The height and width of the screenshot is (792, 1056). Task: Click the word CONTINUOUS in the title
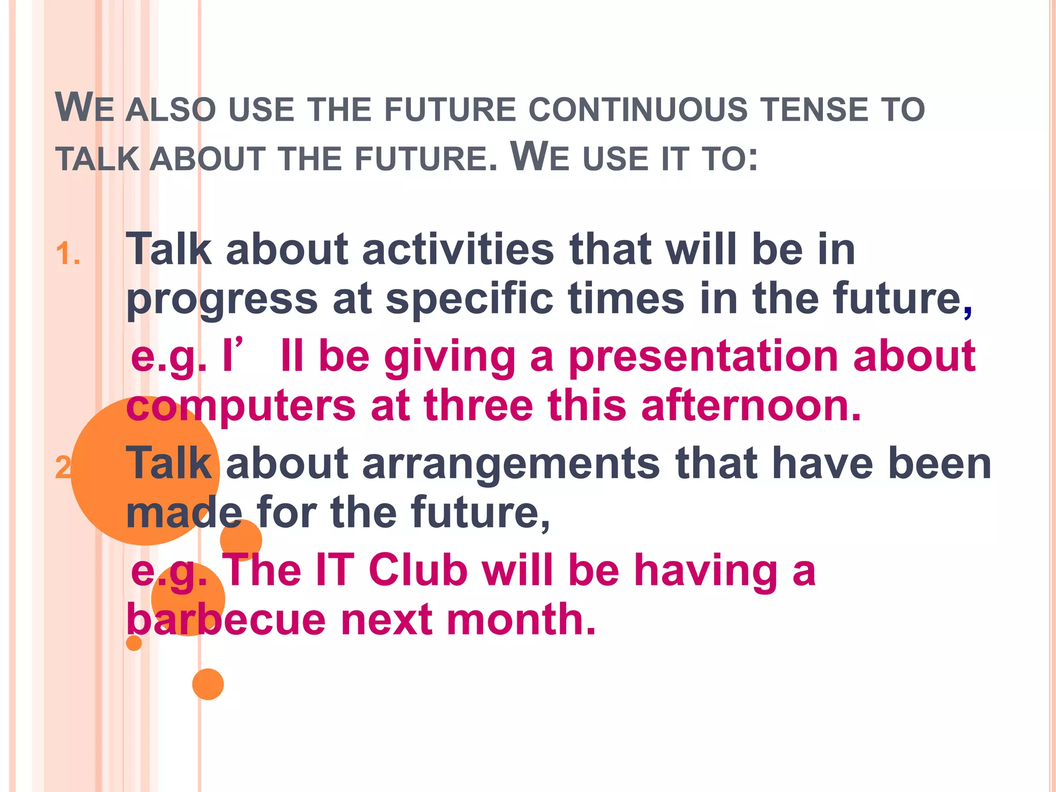point(638,110)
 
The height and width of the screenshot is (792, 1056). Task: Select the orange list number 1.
point(68,254)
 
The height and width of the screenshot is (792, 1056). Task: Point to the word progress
point(222,301)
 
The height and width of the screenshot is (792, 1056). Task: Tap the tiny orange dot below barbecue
point(134,643)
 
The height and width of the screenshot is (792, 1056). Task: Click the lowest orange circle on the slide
point(208,684)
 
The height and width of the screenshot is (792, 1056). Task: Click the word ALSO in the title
point(170,110)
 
